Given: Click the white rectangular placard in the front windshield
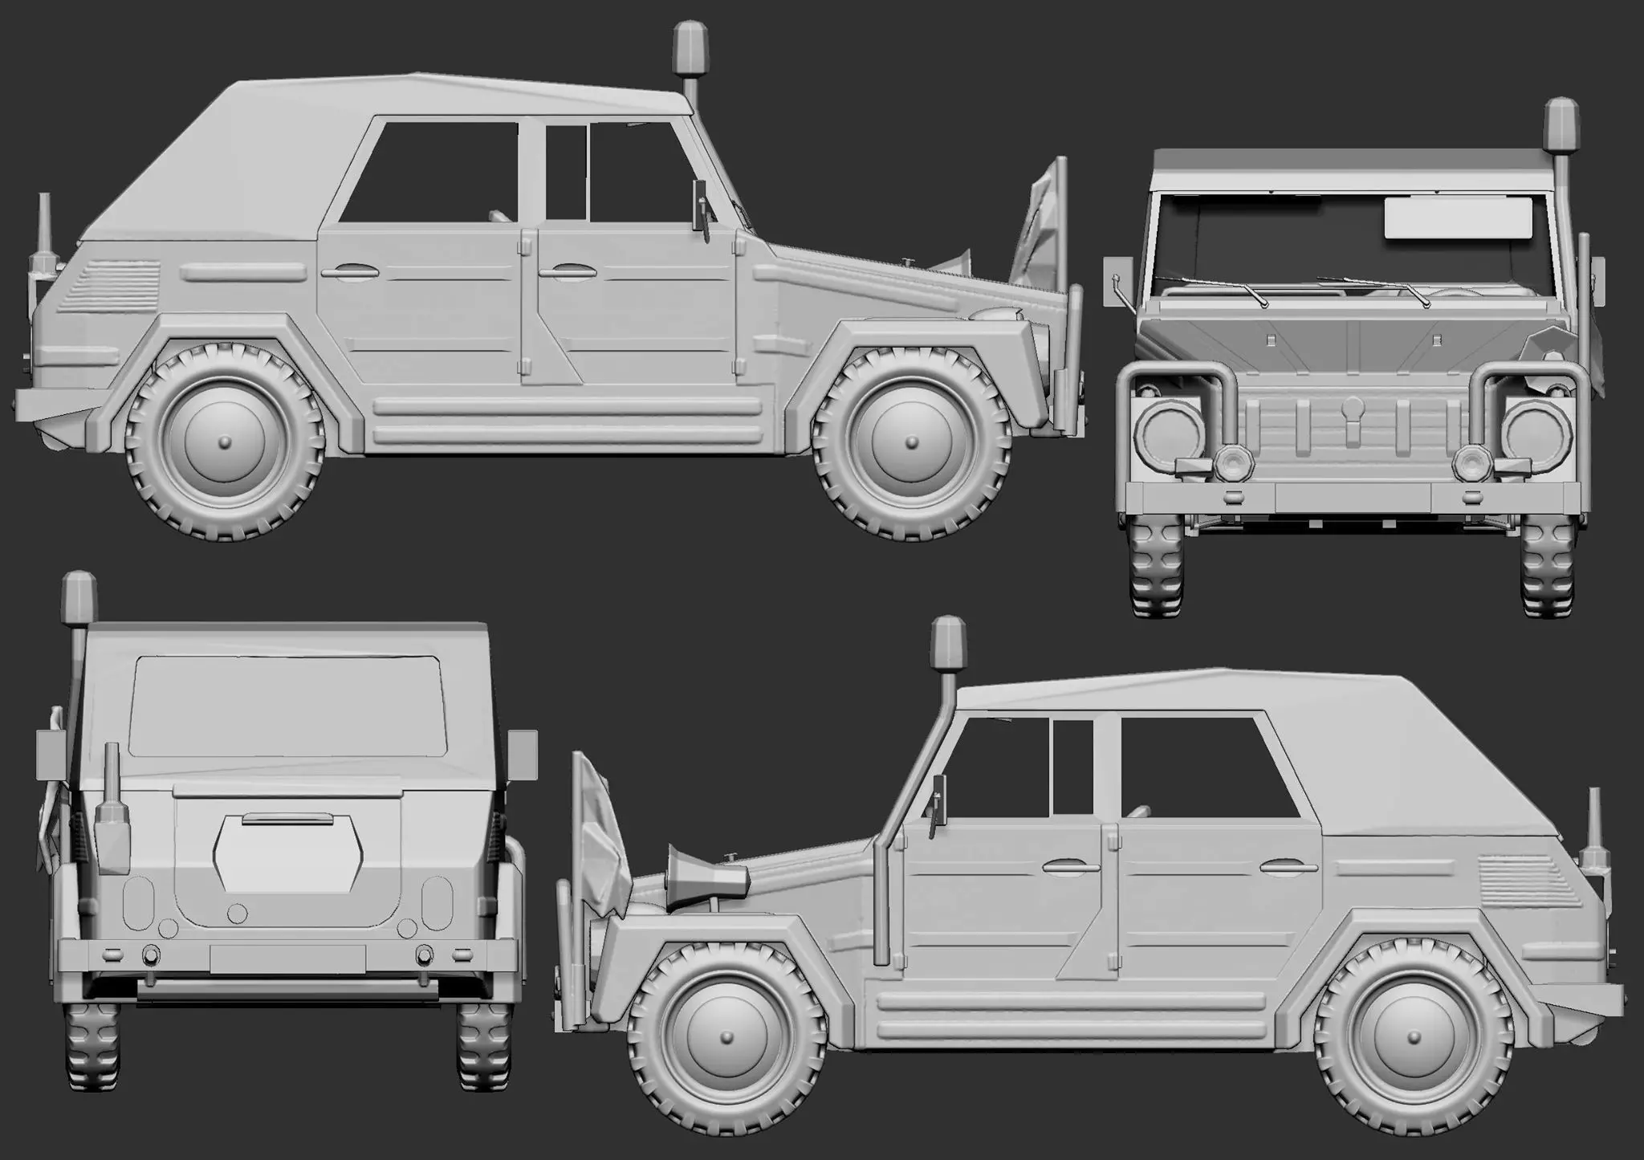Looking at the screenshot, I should [x=1454, y=218].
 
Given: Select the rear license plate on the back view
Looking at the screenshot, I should [x=287, y=958].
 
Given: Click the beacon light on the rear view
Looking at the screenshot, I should [x=79, y=595].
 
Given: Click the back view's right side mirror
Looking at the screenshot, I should [x=523, y=755].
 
